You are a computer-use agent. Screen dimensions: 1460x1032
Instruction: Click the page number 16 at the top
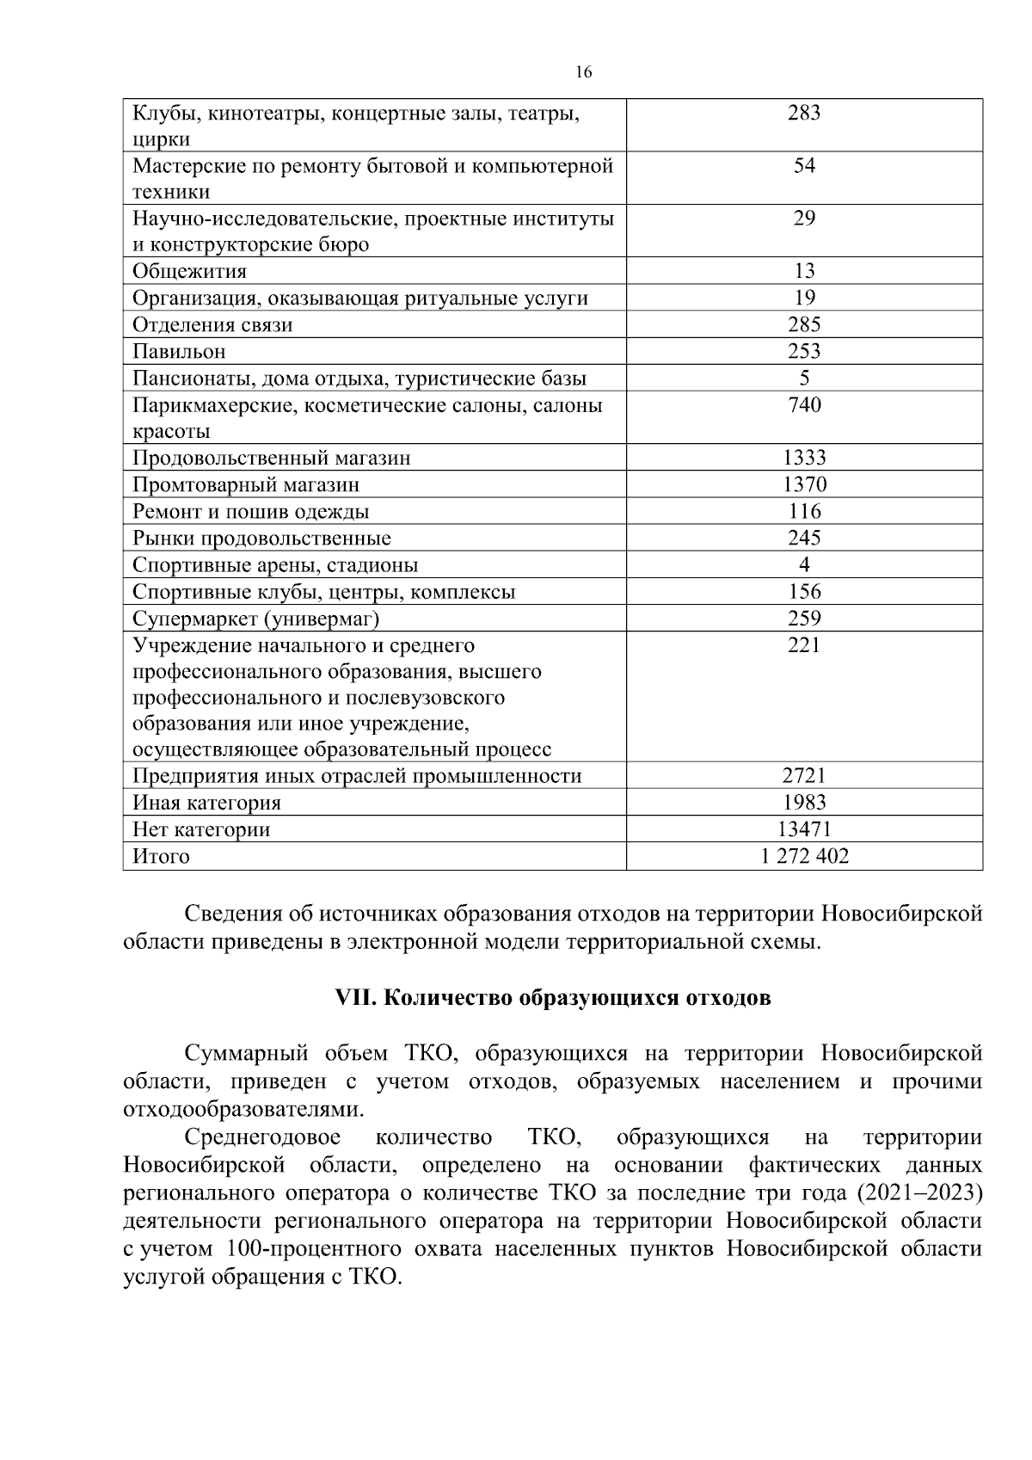click(583, 72)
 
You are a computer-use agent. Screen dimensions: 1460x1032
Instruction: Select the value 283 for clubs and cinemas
click(804, 113)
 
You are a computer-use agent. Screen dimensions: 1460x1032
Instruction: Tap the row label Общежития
click(189, 272)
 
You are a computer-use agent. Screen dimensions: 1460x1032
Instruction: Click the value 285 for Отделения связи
click(804, 324)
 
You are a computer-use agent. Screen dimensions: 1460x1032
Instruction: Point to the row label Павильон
click(179, 352)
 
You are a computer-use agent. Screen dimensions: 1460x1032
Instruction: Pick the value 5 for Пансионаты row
click(804, 378)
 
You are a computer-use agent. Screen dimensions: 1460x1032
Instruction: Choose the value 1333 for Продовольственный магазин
click(804, 458)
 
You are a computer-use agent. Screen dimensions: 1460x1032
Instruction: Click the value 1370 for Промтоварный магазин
click(804, 484)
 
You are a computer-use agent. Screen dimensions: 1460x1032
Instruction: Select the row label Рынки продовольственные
click(261, 539)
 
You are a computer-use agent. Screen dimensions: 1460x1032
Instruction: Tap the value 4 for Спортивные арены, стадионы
click(804, 564)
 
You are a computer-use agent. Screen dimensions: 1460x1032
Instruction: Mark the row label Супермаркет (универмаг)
click(256, 619)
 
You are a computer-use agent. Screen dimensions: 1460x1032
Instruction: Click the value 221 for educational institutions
click(804, 645)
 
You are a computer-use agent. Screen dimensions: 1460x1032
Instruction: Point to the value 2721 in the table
click(804, 776)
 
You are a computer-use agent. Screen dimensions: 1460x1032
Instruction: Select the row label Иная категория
click(206, 804)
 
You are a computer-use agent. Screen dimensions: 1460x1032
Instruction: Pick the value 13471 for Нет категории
click(804, 829)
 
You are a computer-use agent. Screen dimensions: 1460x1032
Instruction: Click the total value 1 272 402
click(804, 856)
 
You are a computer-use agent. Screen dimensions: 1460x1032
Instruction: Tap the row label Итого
click(161, 857)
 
